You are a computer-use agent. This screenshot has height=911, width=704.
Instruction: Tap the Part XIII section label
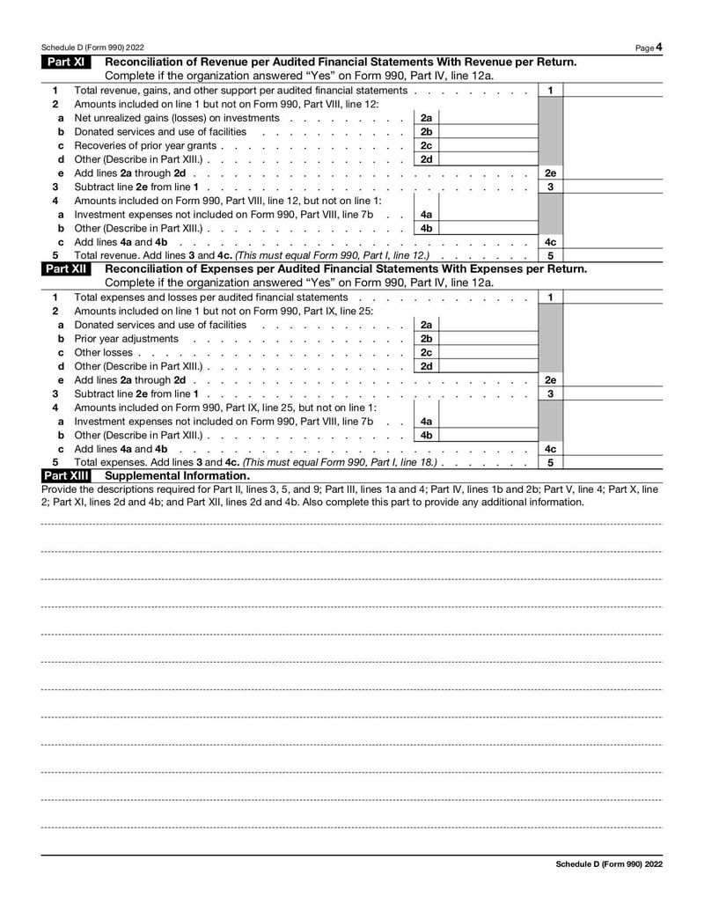66,476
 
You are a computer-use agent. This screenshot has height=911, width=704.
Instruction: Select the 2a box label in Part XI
426,118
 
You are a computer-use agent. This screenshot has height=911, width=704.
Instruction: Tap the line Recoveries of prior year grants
145,145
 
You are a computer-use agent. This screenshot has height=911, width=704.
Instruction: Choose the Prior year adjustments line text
126,339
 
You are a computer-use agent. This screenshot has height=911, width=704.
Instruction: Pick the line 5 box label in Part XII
549,462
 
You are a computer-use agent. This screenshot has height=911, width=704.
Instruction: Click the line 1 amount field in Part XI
612,91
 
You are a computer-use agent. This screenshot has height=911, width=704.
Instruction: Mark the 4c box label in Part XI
549,241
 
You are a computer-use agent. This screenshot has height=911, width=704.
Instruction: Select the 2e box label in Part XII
549,380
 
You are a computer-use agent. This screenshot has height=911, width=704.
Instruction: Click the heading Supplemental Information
177,476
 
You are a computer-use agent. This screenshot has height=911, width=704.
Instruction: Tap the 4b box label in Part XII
426,435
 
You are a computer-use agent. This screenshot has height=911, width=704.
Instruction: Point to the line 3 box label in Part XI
549,187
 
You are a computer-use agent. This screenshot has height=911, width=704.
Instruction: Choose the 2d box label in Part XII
426,366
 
